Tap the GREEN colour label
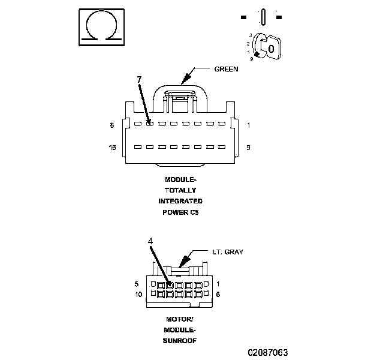point(226,69)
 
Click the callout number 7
point(139,79)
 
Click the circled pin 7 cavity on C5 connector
point(150,124)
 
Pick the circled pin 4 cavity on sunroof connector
point(170,284)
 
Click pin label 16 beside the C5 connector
point(112,147)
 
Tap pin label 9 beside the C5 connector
point(248,147)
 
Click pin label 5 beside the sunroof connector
point(137,284)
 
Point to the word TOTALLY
point(180,190)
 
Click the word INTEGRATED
point(180,201)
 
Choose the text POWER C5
point(180,212)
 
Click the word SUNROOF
point(180,340)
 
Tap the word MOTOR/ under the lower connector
point(180,319)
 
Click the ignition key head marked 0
point(272,47)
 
